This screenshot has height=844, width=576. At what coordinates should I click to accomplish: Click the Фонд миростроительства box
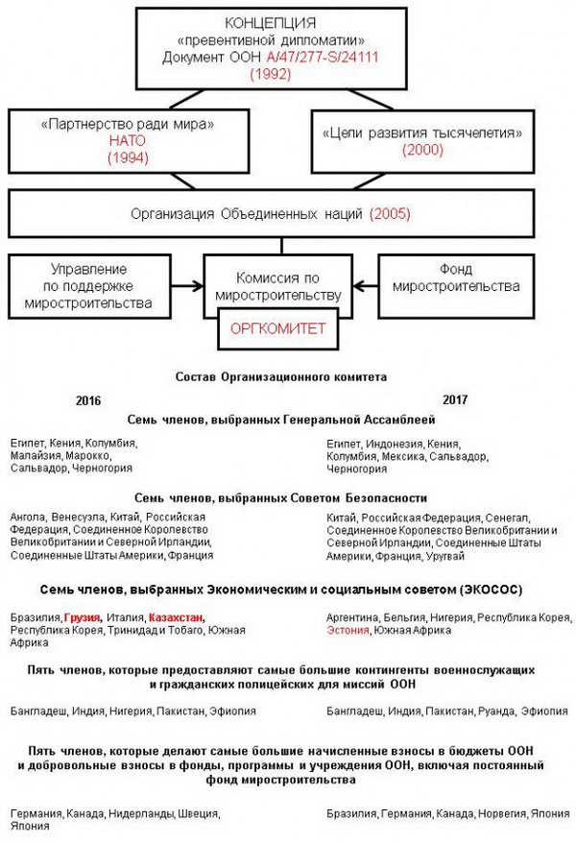click(450, 278)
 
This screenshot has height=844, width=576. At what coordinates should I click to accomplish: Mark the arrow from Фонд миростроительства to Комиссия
click(366, 285)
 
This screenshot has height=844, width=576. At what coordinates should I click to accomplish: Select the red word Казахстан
click(178, 616)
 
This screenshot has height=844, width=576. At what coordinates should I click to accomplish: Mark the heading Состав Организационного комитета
click(281, 377)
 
